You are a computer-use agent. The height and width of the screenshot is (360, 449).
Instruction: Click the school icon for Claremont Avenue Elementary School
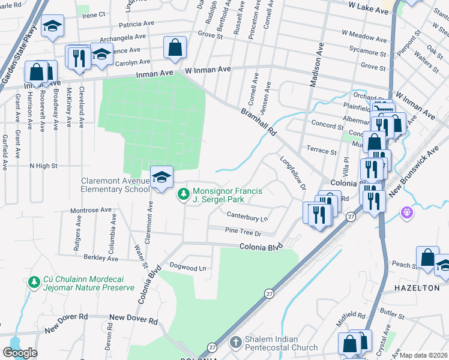click(161, 177)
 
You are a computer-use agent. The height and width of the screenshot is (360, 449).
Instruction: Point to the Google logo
click(20, 353)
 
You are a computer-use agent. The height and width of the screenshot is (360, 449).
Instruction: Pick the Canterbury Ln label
click(247, 214)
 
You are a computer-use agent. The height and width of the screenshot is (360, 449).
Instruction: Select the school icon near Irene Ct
click(52, 26)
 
